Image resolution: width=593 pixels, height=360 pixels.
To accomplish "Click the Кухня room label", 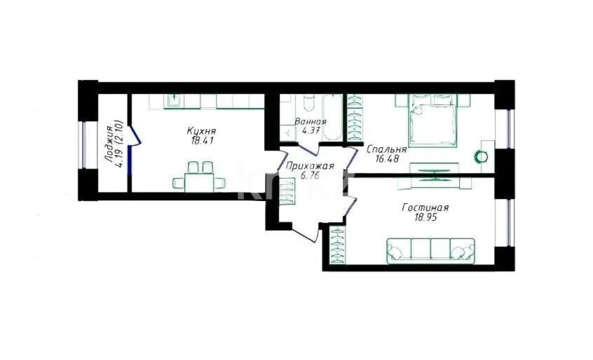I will click(x=200, y=131).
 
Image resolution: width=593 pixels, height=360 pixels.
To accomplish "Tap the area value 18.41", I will click(x=200, y=141).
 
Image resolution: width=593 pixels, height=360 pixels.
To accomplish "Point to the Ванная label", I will click(x=310, y=121).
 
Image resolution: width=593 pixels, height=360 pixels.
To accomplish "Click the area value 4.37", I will click(x=310, y=130).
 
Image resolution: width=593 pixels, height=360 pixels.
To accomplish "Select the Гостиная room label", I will click(x=425, y=207).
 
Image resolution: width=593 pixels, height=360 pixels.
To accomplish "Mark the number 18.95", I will click(x=425, y=218).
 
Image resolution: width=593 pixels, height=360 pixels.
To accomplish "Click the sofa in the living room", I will click(x=430, y=250).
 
